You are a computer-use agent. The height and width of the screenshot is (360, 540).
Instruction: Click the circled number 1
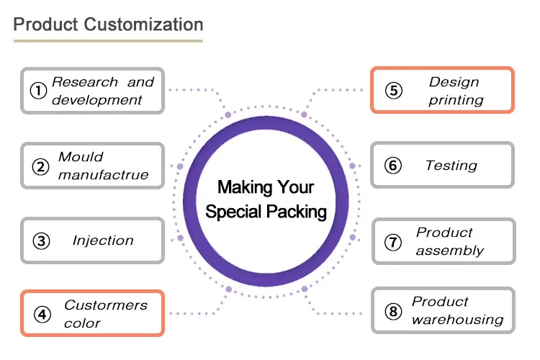37,91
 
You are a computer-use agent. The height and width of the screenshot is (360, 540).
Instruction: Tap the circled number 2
40,166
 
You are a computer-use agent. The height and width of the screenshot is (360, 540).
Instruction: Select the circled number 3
42,240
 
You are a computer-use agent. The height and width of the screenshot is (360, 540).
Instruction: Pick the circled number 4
42,314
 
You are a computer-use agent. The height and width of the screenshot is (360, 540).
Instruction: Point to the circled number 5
392,91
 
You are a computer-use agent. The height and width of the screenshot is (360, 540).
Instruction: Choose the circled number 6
392,166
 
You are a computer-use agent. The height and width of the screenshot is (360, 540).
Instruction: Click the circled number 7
392,242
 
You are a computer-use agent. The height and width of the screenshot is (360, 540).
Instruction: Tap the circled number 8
392,311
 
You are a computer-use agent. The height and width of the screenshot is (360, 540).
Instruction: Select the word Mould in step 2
81,157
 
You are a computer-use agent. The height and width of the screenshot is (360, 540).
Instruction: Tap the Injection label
103,240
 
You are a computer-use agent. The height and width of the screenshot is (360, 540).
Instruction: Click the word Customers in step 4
105,305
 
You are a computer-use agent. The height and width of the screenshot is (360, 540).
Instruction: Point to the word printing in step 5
456,100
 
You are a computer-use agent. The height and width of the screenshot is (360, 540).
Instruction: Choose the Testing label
451,166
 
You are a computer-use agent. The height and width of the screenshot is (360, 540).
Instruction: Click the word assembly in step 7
449,251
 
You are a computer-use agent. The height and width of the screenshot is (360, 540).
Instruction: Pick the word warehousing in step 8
457,320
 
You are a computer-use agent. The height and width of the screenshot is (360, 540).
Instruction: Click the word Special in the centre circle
235,212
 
